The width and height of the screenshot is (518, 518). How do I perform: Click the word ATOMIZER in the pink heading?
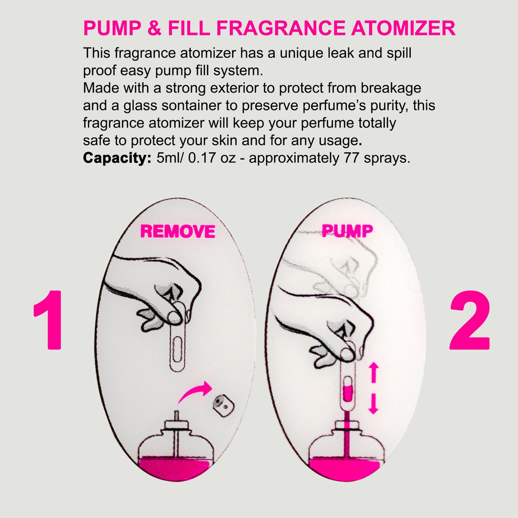point(403,28)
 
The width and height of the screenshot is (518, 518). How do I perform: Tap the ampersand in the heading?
point(154,28)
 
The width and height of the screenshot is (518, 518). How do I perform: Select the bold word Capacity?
point(117,158)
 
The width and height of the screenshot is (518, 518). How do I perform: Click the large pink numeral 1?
point(49,320)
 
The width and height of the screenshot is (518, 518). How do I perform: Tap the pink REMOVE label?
point(178,231)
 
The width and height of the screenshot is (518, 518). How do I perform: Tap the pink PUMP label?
point(347,231)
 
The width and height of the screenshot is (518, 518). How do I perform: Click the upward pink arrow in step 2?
point(373,372)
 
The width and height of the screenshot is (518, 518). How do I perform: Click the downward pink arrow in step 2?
point(373,404)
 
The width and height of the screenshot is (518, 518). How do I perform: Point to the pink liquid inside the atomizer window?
point(348,394)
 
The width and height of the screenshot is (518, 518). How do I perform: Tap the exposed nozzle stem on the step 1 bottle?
point(177,416)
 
